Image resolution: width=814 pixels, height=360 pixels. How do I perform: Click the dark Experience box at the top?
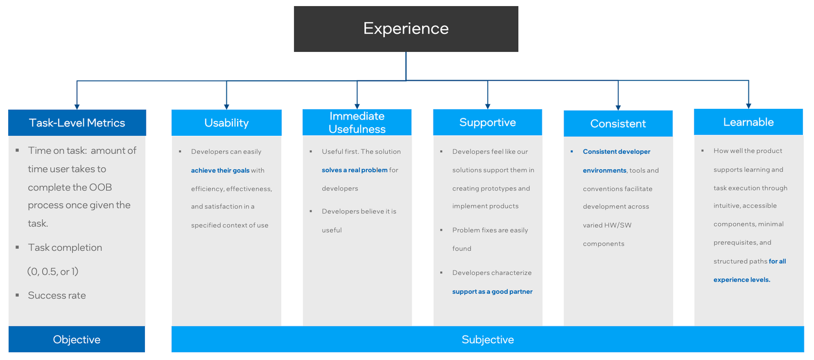click(406, 29)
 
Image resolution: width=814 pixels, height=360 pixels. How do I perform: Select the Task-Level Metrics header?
click(77, 123)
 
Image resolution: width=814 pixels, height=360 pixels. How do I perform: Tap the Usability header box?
click(226, 123)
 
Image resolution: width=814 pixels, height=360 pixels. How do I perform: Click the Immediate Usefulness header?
click(357, 123)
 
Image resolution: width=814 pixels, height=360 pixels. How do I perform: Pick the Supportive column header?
click(487, 123)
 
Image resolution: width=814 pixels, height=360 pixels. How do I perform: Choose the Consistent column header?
click(618, 124)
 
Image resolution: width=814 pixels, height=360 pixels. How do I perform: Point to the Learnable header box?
click(748, 122)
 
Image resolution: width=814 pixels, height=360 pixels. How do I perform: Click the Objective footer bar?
click(77, 339)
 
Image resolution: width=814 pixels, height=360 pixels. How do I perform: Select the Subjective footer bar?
click(487, 339)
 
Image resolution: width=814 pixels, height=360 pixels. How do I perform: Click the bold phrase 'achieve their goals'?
click(220, 170)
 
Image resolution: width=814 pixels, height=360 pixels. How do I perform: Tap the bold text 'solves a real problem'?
click(355, 170)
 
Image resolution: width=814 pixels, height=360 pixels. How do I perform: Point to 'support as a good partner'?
click(492, 291)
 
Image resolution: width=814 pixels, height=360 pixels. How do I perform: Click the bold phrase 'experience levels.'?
click(741, 280)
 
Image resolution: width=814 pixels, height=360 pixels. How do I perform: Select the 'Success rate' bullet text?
click(57, 295)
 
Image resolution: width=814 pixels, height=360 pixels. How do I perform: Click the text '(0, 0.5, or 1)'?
click(53, 272)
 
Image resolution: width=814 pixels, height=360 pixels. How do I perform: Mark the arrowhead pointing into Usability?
click(226, 106)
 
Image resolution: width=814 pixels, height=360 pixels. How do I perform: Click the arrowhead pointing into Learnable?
click(748, 106)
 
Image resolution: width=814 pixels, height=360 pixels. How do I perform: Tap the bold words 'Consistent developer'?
click(616, 152)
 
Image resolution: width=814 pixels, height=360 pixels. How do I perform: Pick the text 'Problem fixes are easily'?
click(490, 230)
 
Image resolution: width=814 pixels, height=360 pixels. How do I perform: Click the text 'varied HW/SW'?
click(607, 225)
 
